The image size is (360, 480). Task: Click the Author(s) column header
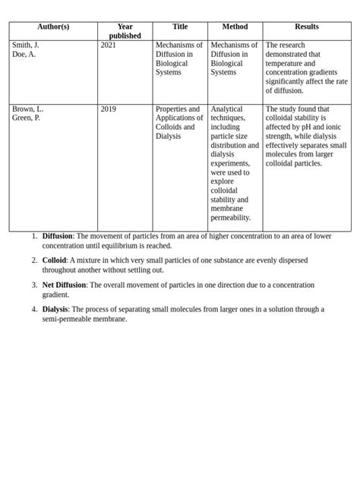pyautogui.click(x=53, y=27)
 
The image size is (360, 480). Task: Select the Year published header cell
pyautogui.click(x=125, y=31)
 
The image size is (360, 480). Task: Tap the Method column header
pyautogui.click(x=235, y=27)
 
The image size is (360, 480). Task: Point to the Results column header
pyautogui.click(x=307, y=27)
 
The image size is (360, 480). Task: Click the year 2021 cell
pyautogui.click(x=109, y=46)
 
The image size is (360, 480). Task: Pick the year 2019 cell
pyautogui.click(x=109, y=109)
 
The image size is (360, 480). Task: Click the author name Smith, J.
pyautogui.click(x=26, y=46)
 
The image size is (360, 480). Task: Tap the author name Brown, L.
pyautogui.click(x=27, y=109)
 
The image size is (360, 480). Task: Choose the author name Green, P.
pyautogui.click(x=27, y=118)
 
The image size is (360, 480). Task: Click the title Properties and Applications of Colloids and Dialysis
pyautogui.click(x=178, y=122)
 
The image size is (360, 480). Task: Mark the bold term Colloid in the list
pyautogui.click(x=54, y=261)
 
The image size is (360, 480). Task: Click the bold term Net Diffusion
pyautogui.click(x=65, y=285)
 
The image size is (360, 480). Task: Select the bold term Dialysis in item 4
pyautogui.click(x=55, y=309)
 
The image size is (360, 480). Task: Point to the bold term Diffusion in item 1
pyautogui.click(x=58, y=236)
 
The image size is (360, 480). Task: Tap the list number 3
pyautogui.click(x=34, y=285)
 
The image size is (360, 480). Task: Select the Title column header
pyautogui.click(x=180, y=27)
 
